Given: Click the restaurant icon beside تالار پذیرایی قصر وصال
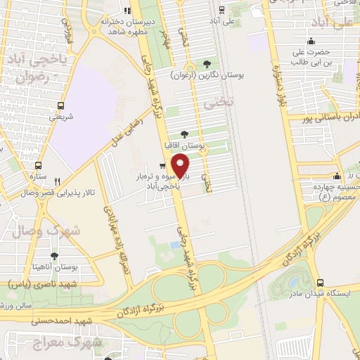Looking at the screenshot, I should point(58,180).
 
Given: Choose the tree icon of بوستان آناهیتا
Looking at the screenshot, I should point(54,256).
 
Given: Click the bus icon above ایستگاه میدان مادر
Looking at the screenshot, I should point(320,282).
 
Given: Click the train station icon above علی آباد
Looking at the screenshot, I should point(222,10).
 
